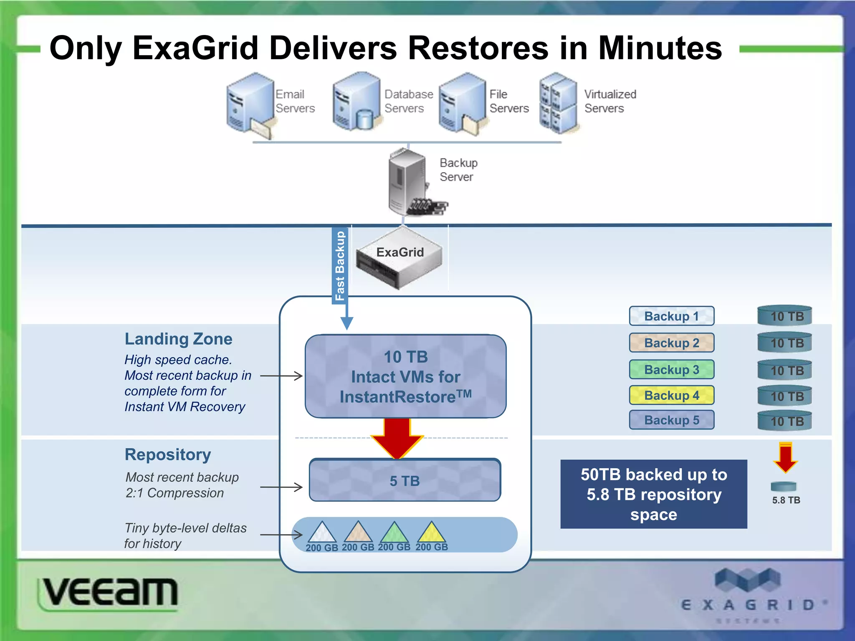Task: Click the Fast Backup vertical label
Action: click(x=340, y=265)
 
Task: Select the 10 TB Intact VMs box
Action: click(x=405, y=376)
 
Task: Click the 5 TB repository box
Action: click(x=405, y=480)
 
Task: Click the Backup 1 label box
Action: click(x=671, y=316)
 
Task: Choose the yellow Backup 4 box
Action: click(x=671, y=395)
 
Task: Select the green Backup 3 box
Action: click(x=671, y=369)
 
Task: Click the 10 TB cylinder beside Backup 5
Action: click(x=784, y=421)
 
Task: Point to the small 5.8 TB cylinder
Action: click(x=784, y=487)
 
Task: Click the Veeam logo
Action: click(x=109, y=593)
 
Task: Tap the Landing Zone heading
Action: click(x=178, y=339)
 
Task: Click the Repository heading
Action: click(x=168, y=454)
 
